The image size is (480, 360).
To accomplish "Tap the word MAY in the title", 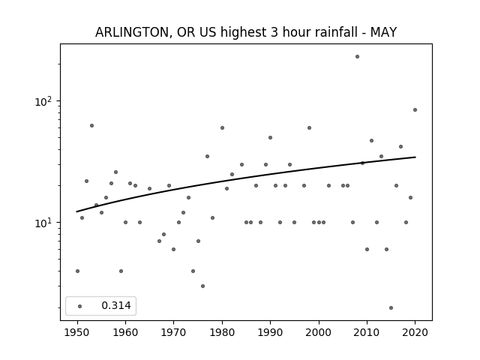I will click(x=382, y=32).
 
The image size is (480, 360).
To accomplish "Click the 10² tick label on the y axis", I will click(x=46, y=100).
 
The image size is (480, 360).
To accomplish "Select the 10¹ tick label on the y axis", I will click(x=46, y=223).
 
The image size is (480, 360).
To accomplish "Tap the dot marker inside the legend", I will click(x=79, y=306).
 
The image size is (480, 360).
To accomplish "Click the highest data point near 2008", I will click(x=357, y=56).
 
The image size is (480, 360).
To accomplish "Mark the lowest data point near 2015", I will click(x=391, y=307).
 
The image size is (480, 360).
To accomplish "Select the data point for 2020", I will click(x=415, y=109).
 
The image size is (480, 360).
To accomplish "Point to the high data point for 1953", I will click(x=91, y=125).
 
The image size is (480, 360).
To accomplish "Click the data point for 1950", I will click(x=77, y=271).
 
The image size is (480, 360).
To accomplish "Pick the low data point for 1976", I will click(x=202, y=286).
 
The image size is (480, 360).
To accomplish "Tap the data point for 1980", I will click(x=222, y=127).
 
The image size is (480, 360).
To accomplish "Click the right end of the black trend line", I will click(x=415, y=157).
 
